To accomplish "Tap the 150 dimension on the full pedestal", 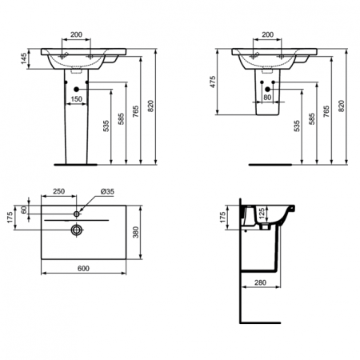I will click(76, 99).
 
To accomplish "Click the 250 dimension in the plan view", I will click(59, 192).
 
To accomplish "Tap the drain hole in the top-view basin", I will click(77, 230).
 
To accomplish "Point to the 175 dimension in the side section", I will click(225, 216).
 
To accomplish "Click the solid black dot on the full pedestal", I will click(76, 88).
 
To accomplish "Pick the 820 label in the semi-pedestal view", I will click(342, 105).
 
